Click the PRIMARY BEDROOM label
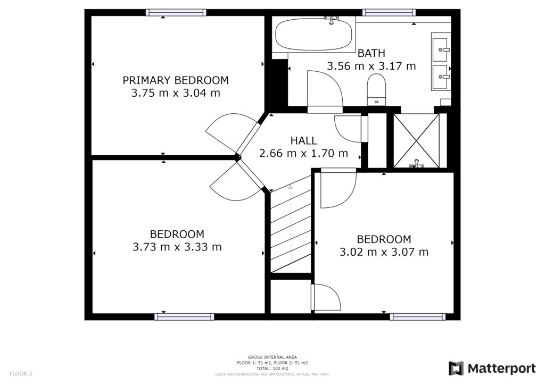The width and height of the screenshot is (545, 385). point(176,80)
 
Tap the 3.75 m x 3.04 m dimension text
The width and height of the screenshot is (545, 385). point(176,93)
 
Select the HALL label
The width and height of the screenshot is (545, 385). point(303,140)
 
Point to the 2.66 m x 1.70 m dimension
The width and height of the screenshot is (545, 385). point(303,153)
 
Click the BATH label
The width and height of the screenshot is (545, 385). point(371,53)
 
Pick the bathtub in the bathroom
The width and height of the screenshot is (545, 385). point(313,34)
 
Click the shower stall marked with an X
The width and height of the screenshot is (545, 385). point(416,140)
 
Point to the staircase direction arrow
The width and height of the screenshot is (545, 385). point(291,223)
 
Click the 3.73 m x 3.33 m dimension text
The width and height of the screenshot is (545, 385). point(177,247)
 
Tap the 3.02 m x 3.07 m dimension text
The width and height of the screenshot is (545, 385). point(384,252)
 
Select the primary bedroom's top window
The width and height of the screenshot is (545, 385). point(176,13)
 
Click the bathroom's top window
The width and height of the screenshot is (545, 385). point(389,13)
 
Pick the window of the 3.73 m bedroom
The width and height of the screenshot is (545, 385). point(184,316)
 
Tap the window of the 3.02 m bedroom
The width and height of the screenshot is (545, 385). point(417,316)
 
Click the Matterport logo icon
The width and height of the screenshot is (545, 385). point(456,369)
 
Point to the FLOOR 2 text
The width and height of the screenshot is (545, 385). point(21,374)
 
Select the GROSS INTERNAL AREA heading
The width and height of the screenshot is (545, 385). point(272,357)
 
